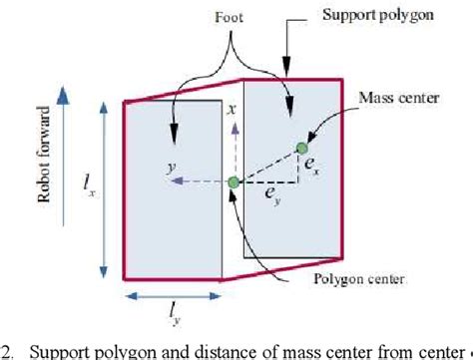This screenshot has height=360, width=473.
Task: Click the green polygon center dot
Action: (x=234, y=181)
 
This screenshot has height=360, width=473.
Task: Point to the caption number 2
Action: (x=7, y=351)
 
